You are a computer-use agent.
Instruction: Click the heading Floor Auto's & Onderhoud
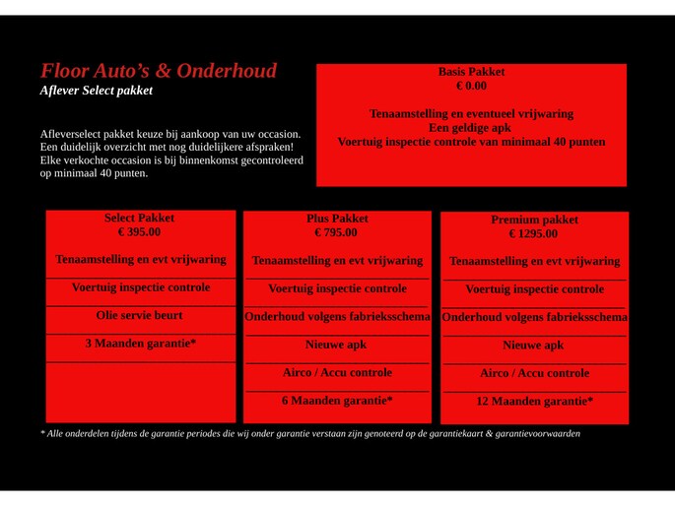[x=158, y=71]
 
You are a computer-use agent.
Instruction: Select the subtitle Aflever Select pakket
[x=96, y=91]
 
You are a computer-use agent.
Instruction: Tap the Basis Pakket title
[x=471, y=72]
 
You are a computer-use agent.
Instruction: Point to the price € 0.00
[x=471, y=86]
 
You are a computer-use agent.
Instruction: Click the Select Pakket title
[x=139, y=218]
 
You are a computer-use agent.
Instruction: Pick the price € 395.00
[x=139, y=232]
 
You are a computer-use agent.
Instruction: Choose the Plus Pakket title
[x=337, y=219]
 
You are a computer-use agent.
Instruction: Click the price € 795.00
[x=336, y=233]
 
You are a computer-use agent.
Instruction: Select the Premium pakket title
[x=534, y=220]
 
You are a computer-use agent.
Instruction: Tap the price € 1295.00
[x=533, y=234]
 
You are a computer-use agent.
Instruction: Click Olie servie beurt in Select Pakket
[x=139, y=316]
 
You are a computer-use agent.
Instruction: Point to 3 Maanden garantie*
[x=141, y=344]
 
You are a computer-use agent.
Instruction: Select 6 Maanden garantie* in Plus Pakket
[x=337, y=401]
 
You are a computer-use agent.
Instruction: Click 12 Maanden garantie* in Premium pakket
[x=534, y=402]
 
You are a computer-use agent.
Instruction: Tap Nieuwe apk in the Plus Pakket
[x=336, y=345]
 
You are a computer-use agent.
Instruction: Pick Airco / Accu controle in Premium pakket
[x=534, y=373]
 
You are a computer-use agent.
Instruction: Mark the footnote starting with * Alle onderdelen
[x=309, y=433]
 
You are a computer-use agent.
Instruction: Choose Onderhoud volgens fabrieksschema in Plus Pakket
[x=337, y=317]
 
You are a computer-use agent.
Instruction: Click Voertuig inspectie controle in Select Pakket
[x=141, y=287]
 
